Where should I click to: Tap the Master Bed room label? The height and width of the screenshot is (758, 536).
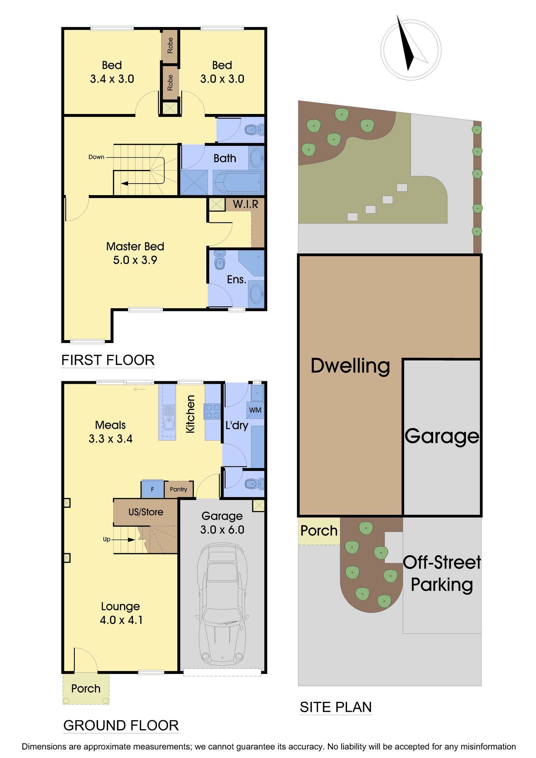tap(135, 246)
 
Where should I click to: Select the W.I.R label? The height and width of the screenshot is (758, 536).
tap(245, 204)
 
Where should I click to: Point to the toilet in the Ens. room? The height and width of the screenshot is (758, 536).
tap(220, 261)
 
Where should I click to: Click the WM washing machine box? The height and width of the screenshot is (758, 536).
tap(255, 410)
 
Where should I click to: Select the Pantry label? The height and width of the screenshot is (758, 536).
tap(178, 489)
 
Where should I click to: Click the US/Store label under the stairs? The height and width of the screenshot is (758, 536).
tap(146, 512)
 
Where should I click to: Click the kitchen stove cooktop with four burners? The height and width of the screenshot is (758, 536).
tap(212, 411)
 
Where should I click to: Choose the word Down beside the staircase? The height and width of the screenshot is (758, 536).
tap(96, 157)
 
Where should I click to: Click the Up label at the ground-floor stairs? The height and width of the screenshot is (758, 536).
tap(107, 539)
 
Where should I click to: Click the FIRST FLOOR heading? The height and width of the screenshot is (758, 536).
tap(108, 360)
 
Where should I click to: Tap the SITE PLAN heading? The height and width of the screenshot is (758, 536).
tap(336, 707)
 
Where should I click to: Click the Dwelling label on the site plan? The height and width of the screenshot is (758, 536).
tap(350, 366)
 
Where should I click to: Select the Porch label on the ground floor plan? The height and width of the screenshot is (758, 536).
tap(86, 688)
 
